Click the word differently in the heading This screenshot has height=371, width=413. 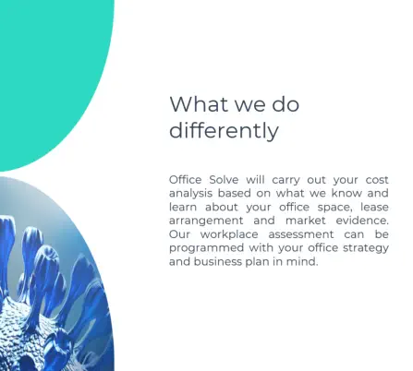(x=224, y=130)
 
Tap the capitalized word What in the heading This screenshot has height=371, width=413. (x=199, y=103)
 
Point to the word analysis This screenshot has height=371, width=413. (x=190, y=194)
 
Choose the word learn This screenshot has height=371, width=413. (x=183, y=207)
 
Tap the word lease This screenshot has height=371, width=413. (x=374, y=207)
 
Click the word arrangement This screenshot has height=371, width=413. (x=206, y=221)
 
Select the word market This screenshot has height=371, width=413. (x=306, y=221)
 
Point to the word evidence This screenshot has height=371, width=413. (x=362, y=221)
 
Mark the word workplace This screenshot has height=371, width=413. (x=229, y=234)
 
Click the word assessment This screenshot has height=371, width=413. (x=301, y=234)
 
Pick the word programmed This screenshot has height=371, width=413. (x=206, y=248)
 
